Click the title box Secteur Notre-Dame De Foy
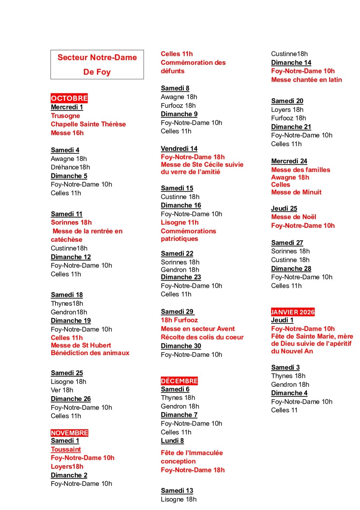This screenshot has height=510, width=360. pyautogui.click(x=97, y=64)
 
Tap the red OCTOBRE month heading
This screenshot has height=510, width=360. pyautogui.click(x=69, y=98)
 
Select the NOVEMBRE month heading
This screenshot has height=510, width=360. pyautogui.click(x=69, y=433)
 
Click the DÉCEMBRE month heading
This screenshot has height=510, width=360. pyautogui.click(x=179, y=381)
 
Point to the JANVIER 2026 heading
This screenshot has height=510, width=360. pyautogui.click(x=293, y=312)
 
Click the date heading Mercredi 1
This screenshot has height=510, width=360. pyautogui.click(x=67, y=107)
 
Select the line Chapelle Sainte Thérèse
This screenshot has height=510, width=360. pyautogui.click(x=88, y=124)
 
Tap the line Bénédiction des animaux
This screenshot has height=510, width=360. pyautogui.click(x=90, y=353)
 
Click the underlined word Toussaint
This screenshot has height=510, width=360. pyautogui.click(x=66, y=449)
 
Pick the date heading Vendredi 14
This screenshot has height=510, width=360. pyautogui.click(x=179, y=148)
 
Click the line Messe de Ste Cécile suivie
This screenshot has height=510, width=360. pyautogui.click(x=202, y=165)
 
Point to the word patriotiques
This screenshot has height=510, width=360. pyautogui.click(x=179, y=239)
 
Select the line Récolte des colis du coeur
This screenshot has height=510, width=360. pyautogui.click(x=202, y=337)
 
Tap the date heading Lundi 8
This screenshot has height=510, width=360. pyautogui.click(x=172, y=441)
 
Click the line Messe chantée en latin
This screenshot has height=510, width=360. pyautogui.click(x=306, y=80)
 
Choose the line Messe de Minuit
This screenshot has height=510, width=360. pyautogui.click(x=296, y=192)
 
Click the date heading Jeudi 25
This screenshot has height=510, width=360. pyautogui.click(x=284, y=209)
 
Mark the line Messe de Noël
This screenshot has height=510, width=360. pyautogui.click(x=294, y=217)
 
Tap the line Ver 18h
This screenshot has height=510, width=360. pyautogui.click(x=62, y=390)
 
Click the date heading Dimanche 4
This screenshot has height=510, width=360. pyautogui.click(x=289, y=393)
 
